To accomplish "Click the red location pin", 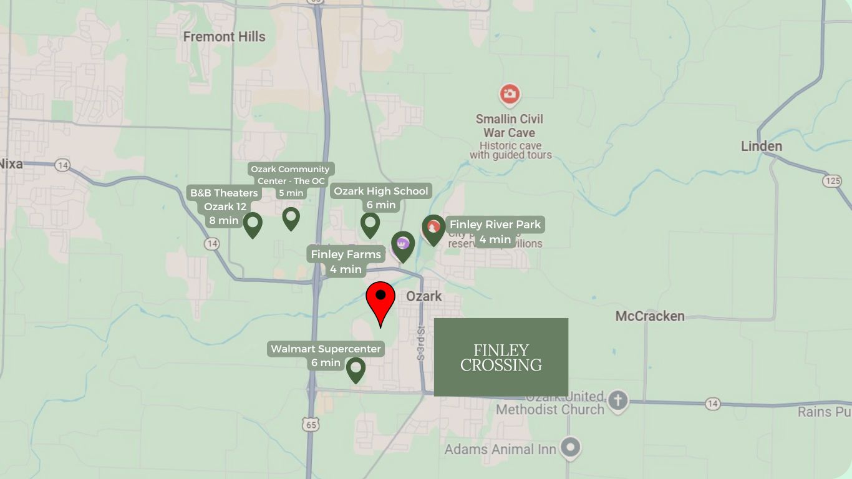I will tap(380, 298).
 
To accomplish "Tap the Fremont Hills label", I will tap(224, 37).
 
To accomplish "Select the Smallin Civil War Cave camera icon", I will tap(510, 95).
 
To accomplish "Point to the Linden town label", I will tap(761, 147).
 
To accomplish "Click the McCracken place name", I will tap(649, 316).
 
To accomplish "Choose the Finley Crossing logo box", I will tap(501, 357).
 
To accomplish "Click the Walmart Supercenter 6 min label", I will tap(326, 356).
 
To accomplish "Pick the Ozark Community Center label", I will tap(291, 180).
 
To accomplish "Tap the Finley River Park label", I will tap(495, 231).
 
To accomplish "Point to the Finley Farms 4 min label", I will tap(346, 261).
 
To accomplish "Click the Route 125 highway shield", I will tap(832, 181).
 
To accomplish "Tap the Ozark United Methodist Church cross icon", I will tap(617, 400).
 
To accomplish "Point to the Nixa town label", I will tap(11, 164).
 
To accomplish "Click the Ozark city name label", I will tap(424, 296).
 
